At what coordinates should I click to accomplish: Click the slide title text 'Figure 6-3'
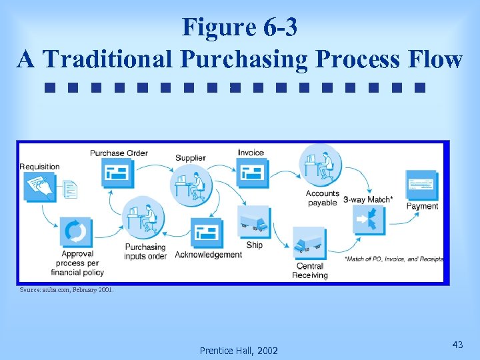[239, 27]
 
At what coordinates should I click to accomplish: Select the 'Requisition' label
[39, 167]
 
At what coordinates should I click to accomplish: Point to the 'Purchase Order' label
[119, 153]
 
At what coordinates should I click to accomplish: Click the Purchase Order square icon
[118, 175]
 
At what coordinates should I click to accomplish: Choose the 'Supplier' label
[191, 158]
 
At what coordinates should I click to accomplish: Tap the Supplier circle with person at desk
[191, 185]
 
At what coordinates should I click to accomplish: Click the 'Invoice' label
[251, 153]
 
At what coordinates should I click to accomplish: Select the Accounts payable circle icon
[321, 165]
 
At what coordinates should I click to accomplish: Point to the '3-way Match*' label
[368, 199]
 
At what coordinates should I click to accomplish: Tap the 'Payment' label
[422, 207]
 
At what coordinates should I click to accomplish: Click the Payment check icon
[421, 185]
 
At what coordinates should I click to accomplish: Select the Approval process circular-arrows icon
[76, 232]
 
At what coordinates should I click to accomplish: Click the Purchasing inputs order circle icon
[146, 217]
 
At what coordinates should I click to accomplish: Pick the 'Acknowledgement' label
[208, 255]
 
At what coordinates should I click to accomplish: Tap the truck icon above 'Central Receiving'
[309, 244]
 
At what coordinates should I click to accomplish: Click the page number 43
[457, 345]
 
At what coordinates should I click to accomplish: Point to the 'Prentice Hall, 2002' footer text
[239, 351]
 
